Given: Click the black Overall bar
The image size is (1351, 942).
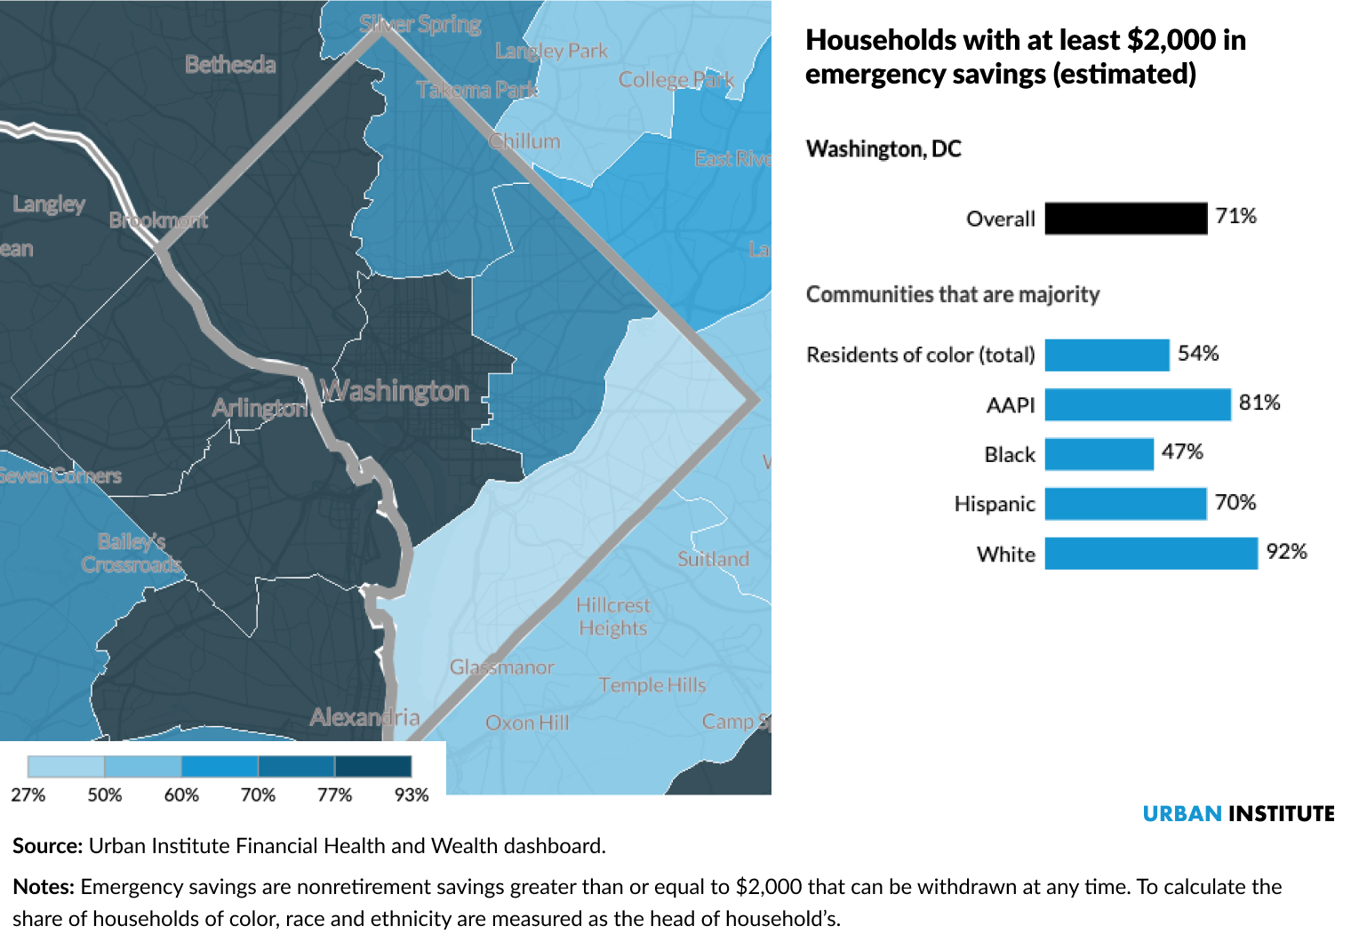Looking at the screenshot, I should coord(1125,219).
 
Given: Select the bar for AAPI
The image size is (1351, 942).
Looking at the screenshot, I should coord(1138,404).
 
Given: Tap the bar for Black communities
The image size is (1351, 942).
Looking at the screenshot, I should coord(1099,454).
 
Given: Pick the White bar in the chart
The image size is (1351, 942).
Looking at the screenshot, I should coord(1151,553).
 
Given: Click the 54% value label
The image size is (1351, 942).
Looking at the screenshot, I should coord(1197,354).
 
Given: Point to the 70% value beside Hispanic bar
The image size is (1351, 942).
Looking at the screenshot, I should coord(1235,503).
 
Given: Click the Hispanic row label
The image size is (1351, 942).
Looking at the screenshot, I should coord(994,504).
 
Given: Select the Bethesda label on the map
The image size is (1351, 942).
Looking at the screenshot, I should coord(230,65).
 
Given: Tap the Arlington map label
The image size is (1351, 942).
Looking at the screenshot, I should coord(259,408).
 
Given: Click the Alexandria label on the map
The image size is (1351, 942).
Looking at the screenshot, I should coord(364,717).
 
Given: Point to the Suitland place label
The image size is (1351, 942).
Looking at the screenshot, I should coord(713,559).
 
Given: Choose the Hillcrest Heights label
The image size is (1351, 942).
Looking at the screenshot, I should coord(612,617).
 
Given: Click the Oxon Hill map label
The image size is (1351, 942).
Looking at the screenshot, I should coord(527,722).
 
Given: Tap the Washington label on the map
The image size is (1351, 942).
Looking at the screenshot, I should coord(395,391).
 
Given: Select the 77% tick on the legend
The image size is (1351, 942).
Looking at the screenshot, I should coord(334,794).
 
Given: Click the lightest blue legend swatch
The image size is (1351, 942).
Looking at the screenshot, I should coord(66,767).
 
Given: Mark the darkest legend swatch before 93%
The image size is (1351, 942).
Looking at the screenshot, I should coord(372,767).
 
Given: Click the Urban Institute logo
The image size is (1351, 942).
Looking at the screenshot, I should coord(1237,814).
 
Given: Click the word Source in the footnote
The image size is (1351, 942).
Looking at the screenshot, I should coord(47,846).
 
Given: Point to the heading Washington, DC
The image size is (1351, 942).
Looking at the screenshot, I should coord(883,149).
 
